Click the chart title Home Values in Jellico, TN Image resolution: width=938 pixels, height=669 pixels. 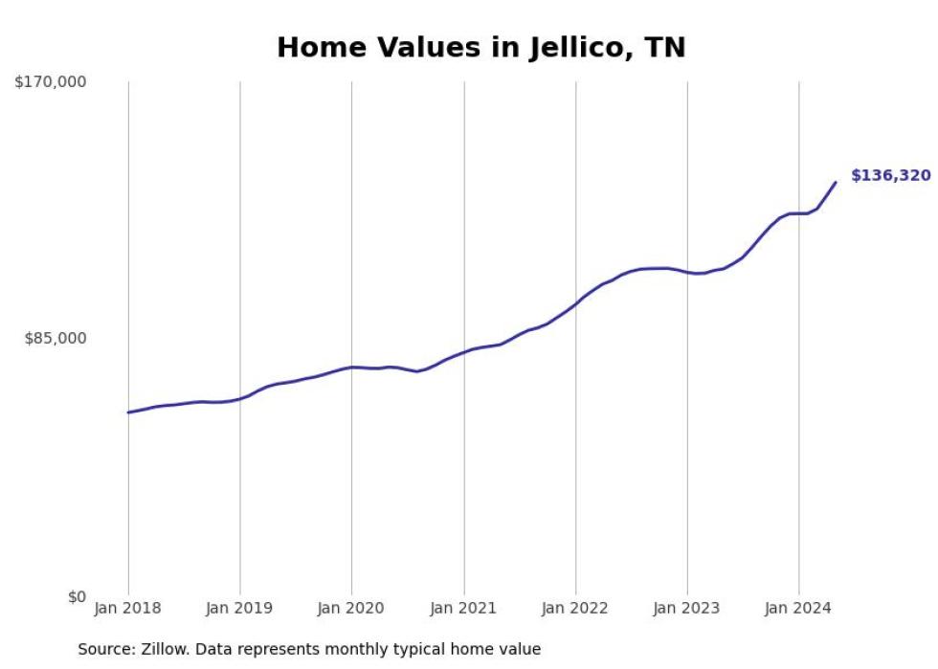point(480,48)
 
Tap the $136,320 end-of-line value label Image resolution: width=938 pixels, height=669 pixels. point(890,176)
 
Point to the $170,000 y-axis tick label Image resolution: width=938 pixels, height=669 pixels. point(50,82)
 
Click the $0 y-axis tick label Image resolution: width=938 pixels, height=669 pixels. point(76,597)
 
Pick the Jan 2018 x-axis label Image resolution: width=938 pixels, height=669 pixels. point(128,609)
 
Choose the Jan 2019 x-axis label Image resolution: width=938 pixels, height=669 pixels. point(239,609)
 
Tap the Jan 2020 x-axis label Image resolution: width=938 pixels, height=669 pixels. point(351,609)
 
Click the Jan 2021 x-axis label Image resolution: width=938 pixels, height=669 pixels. point(464,609)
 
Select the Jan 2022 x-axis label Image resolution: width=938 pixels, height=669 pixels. point(575,609)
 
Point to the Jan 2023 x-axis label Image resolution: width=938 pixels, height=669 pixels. point(687,609)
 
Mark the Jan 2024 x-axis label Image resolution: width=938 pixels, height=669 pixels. point(798,609)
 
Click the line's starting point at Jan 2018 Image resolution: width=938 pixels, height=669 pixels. point(128,413)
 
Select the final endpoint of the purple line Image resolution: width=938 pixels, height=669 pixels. point(836,182)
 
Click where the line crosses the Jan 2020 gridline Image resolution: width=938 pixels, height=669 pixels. point(351,368)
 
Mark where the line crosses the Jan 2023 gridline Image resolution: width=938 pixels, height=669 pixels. point(687,273)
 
